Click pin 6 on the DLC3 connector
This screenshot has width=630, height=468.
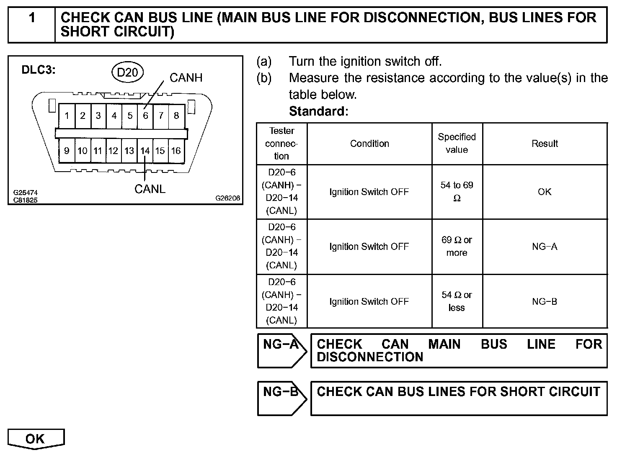coord(145,116)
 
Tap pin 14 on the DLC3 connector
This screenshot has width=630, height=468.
coord(145,151)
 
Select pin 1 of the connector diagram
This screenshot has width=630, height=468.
coord(67,116)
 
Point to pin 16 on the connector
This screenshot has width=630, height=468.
coord(176,151)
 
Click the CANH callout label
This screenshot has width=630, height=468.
coord(186,78)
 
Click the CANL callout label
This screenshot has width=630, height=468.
coord(150,189)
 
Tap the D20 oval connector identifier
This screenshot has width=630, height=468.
coord(127,73)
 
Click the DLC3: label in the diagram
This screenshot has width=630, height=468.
coord(39,70)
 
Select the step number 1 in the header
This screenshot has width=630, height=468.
coord(32,18)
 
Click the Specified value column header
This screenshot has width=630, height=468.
coord(457,143)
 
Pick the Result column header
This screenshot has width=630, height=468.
coord(545,144)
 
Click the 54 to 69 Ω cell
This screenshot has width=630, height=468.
coord(457,192)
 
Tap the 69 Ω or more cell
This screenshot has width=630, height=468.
coord(457,246)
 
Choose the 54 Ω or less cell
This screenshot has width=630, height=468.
coord(457,301)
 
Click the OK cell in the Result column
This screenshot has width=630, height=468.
coord(545,192)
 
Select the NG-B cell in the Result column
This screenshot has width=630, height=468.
coord(545,301)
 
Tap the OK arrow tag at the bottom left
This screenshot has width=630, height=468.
coord(36,439)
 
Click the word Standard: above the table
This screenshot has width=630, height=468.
coord(319,111)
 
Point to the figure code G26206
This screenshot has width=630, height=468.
coord(228,198)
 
